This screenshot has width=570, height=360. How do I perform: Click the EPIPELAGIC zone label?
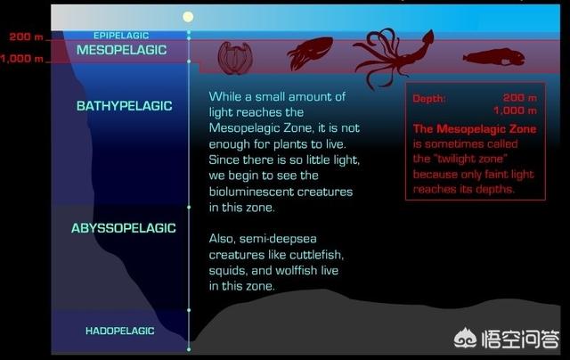[121, 36]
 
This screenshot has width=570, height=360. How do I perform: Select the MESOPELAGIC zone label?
[121, 50]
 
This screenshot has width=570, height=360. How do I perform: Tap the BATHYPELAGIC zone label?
[125, 106]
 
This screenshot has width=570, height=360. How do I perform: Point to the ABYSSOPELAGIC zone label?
[124, 228]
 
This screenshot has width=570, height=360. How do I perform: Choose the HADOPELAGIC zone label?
[120, 331]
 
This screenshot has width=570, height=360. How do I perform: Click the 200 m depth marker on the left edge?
[26, 37]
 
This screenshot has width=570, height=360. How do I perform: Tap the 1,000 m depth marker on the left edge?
[21, 59]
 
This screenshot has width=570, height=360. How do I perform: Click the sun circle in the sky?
[188, 17]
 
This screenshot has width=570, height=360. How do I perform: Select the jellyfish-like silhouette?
[235, 58]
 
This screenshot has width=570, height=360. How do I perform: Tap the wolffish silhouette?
[494, 57]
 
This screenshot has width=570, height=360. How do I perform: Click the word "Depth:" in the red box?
[429, 99]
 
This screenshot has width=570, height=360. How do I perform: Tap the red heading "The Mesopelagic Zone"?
[475, 128]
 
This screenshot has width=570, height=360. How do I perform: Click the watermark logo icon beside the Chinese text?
[465, 338]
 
